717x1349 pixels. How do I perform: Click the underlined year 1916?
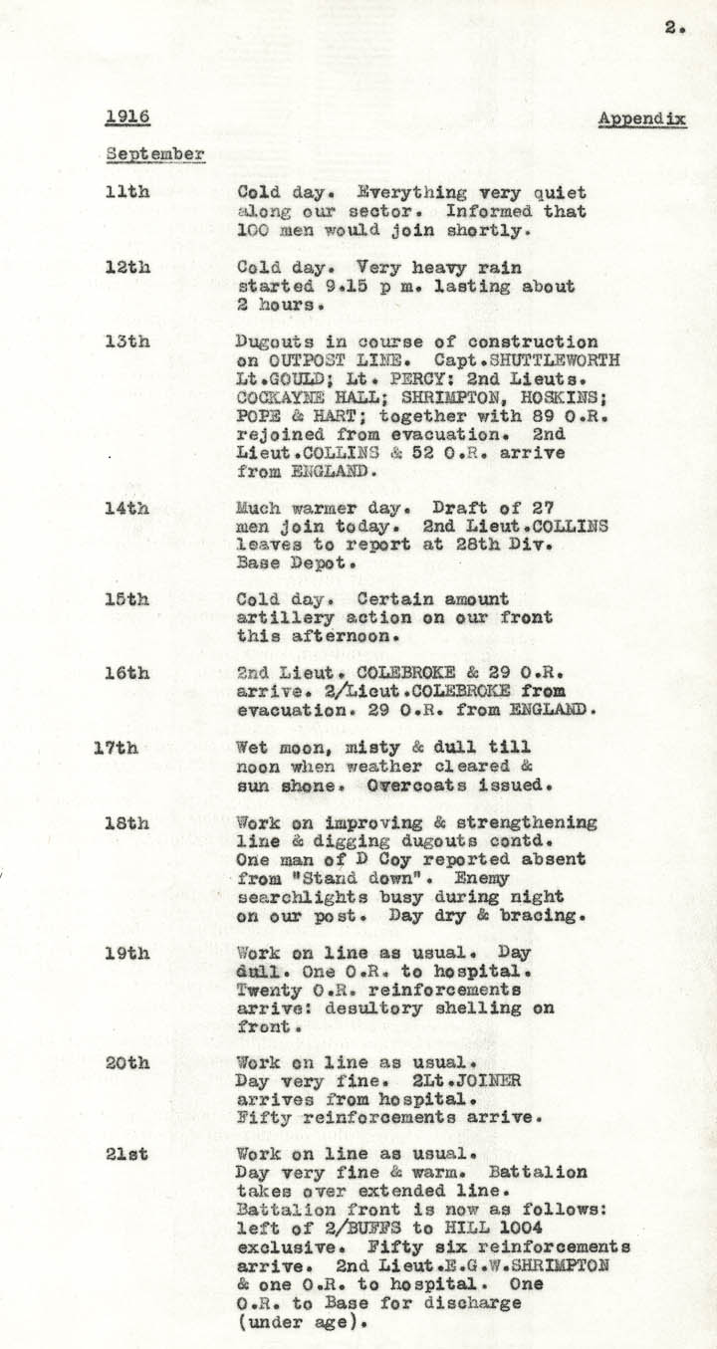(x=127, y=117)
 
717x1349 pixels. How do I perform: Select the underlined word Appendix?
(x=642, y=119)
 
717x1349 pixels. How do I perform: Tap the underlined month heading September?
(x=155, y=154)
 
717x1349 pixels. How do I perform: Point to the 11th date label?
(x=127, y=192)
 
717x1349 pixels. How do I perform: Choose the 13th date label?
(x=127, y=341)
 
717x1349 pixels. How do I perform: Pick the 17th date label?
(x=116, y=748)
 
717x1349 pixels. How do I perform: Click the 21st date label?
(x=127, y=1154)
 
